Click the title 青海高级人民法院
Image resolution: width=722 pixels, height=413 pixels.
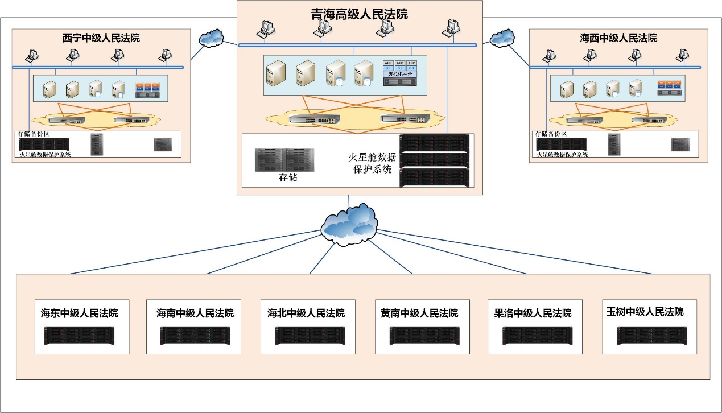click(359, 14)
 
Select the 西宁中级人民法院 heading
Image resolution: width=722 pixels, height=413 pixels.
click(101, 38)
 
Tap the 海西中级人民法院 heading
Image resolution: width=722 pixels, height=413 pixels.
click(618, 38)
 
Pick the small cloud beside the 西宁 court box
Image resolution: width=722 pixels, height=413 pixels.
click(212, 38)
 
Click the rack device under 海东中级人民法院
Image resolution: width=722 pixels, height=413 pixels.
click(80, 336)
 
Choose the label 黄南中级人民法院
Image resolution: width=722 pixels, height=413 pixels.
click(419, 313)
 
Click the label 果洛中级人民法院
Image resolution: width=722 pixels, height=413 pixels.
click(533, 313)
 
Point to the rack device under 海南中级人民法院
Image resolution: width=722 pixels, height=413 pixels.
click(194, 336)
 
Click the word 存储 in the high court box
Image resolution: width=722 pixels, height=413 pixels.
click(288, 177)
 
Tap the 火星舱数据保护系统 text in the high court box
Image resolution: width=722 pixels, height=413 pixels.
click(372, 163)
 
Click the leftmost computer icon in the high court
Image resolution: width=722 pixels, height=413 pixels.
click(266, 28)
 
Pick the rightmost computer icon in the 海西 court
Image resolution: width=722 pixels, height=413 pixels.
click(681, 55)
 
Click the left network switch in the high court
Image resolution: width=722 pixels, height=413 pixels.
click(313, 119)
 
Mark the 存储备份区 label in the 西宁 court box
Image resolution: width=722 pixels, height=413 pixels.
click(34, 134)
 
